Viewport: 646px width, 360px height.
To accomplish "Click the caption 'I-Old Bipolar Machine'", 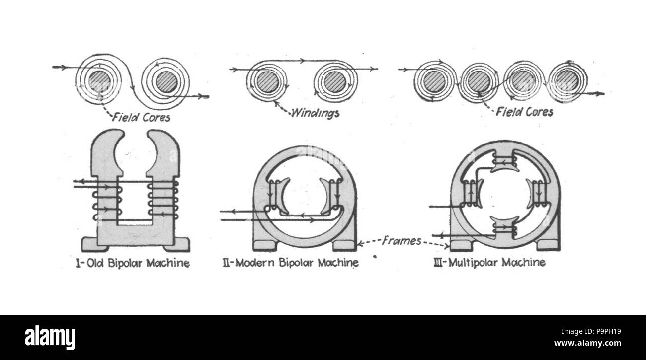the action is coord(133,263).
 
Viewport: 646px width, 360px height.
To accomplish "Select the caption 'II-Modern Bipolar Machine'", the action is coord(291,263).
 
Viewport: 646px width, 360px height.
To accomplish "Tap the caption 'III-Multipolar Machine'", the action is coord(489,262).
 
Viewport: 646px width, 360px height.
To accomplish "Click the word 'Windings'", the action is coord(316,113).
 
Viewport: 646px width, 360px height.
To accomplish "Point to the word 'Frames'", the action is coord(402,241).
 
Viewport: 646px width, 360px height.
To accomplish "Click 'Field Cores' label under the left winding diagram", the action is coord(141,117).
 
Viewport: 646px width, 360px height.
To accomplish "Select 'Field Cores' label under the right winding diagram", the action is coord(524,112).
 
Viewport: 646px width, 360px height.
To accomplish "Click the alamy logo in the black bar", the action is coord(50,338).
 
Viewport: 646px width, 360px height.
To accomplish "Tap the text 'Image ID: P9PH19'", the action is coord(591,332).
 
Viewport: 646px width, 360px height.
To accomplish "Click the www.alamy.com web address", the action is coord(587,343).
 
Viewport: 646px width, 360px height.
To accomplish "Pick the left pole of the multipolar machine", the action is coord(472,193).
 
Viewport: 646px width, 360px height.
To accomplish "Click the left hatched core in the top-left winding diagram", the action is coord(99,81).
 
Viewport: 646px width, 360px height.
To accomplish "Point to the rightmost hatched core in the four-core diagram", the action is coord(566,80).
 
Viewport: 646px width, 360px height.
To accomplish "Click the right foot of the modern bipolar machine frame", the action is coord(344,245).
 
